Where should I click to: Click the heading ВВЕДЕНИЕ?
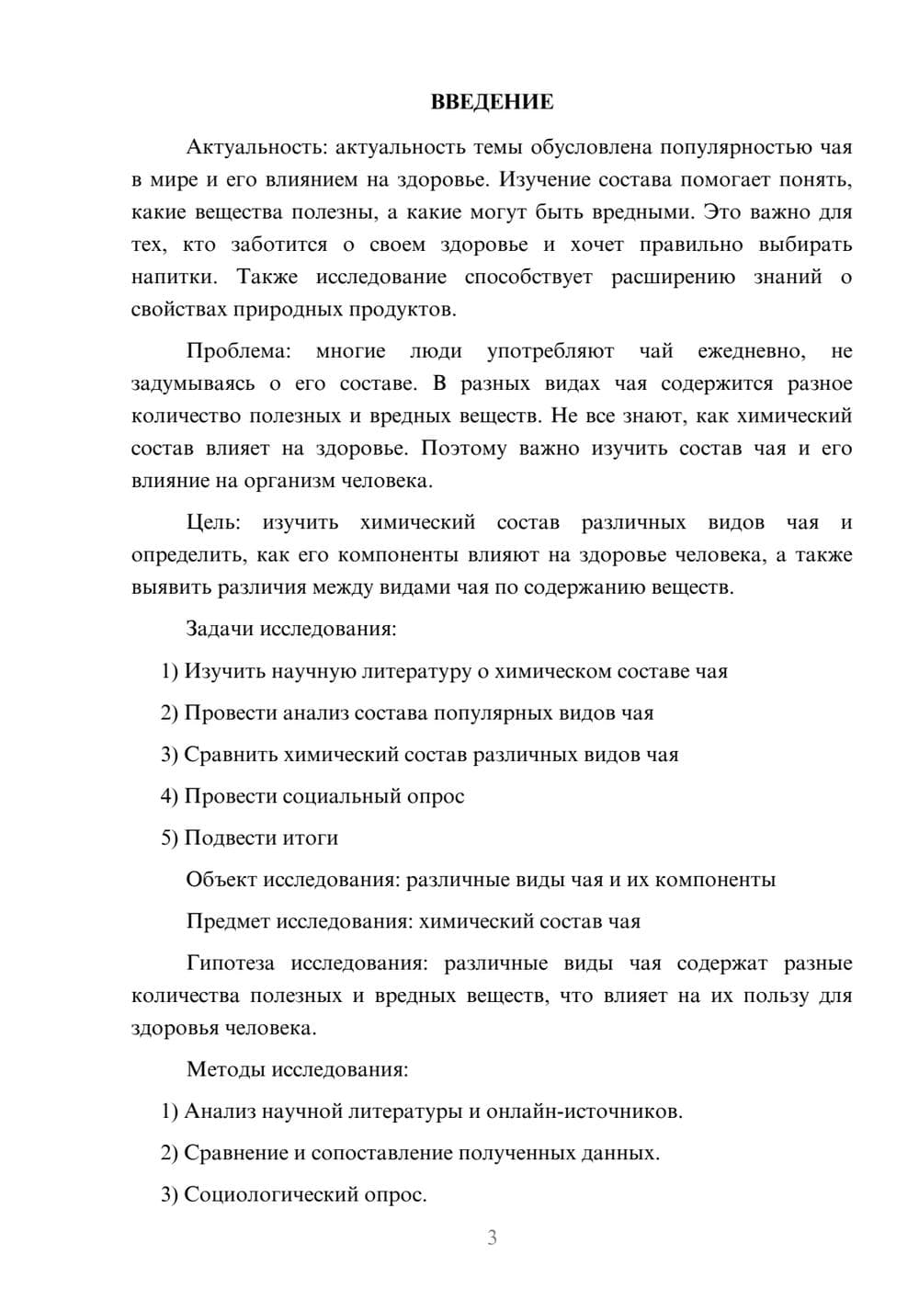[x=492, y=102]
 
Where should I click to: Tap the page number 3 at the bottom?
[x=492, y=1237]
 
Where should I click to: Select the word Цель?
[x=213, y=523]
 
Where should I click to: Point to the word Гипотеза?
[x=230, y=964]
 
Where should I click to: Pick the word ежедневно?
[x=751, y=351]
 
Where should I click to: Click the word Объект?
[x=221, y=880]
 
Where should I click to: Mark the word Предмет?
[x=228, y=921]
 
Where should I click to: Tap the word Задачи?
[x=220, y=629]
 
